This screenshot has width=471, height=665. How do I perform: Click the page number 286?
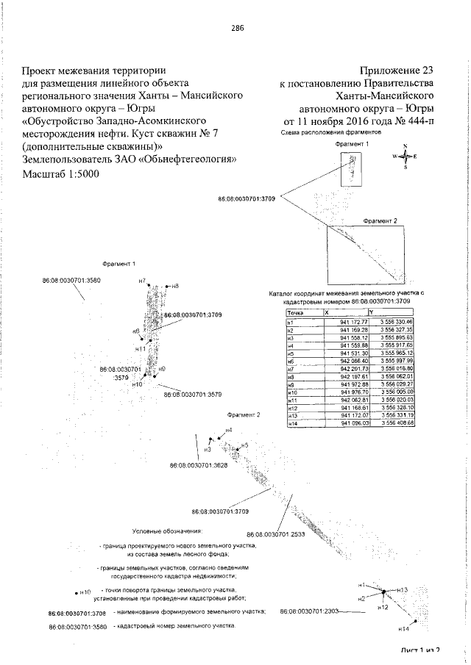pos(237,28)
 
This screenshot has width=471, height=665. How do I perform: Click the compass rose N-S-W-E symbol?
pos(404,157)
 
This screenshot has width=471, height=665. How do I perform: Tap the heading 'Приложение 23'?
pos(397,71)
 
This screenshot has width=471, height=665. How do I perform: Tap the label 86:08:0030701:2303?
pos(308,611)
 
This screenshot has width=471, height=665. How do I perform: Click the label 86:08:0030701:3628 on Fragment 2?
pos(199,465)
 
